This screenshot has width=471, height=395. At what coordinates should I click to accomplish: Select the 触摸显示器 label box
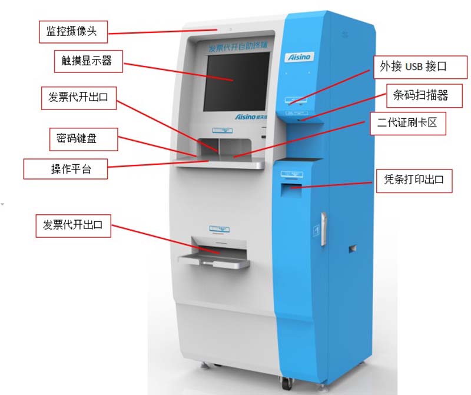pyautogui.click(x=86, y=61)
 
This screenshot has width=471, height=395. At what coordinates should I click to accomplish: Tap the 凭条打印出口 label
pyautogui.click(x=414, y=181)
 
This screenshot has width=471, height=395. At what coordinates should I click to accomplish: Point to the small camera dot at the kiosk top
pyautogui.click(x=231, y=28)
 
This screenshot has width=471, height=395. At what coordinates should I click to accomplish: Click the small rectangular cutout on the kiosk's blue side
pyautogui.click(x=352, y=248)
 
